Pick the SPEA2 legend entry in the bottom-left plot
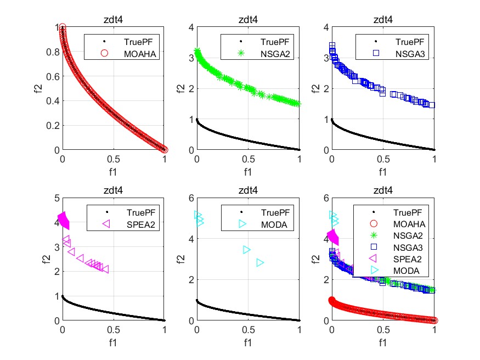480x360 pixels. tap(131, 224)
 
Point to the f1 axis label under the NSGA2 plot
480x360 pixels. tap(248, 171)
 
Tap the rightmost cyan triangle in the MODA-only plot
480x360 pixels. tap(260, 262)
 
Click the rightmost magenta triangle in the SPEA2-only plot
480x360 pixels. tap(105, 269)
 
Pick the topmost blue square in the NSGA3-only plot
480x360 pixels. tap(332, 46)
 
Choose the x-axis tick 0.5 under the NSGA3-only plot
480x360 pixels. tap(383, 160)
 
